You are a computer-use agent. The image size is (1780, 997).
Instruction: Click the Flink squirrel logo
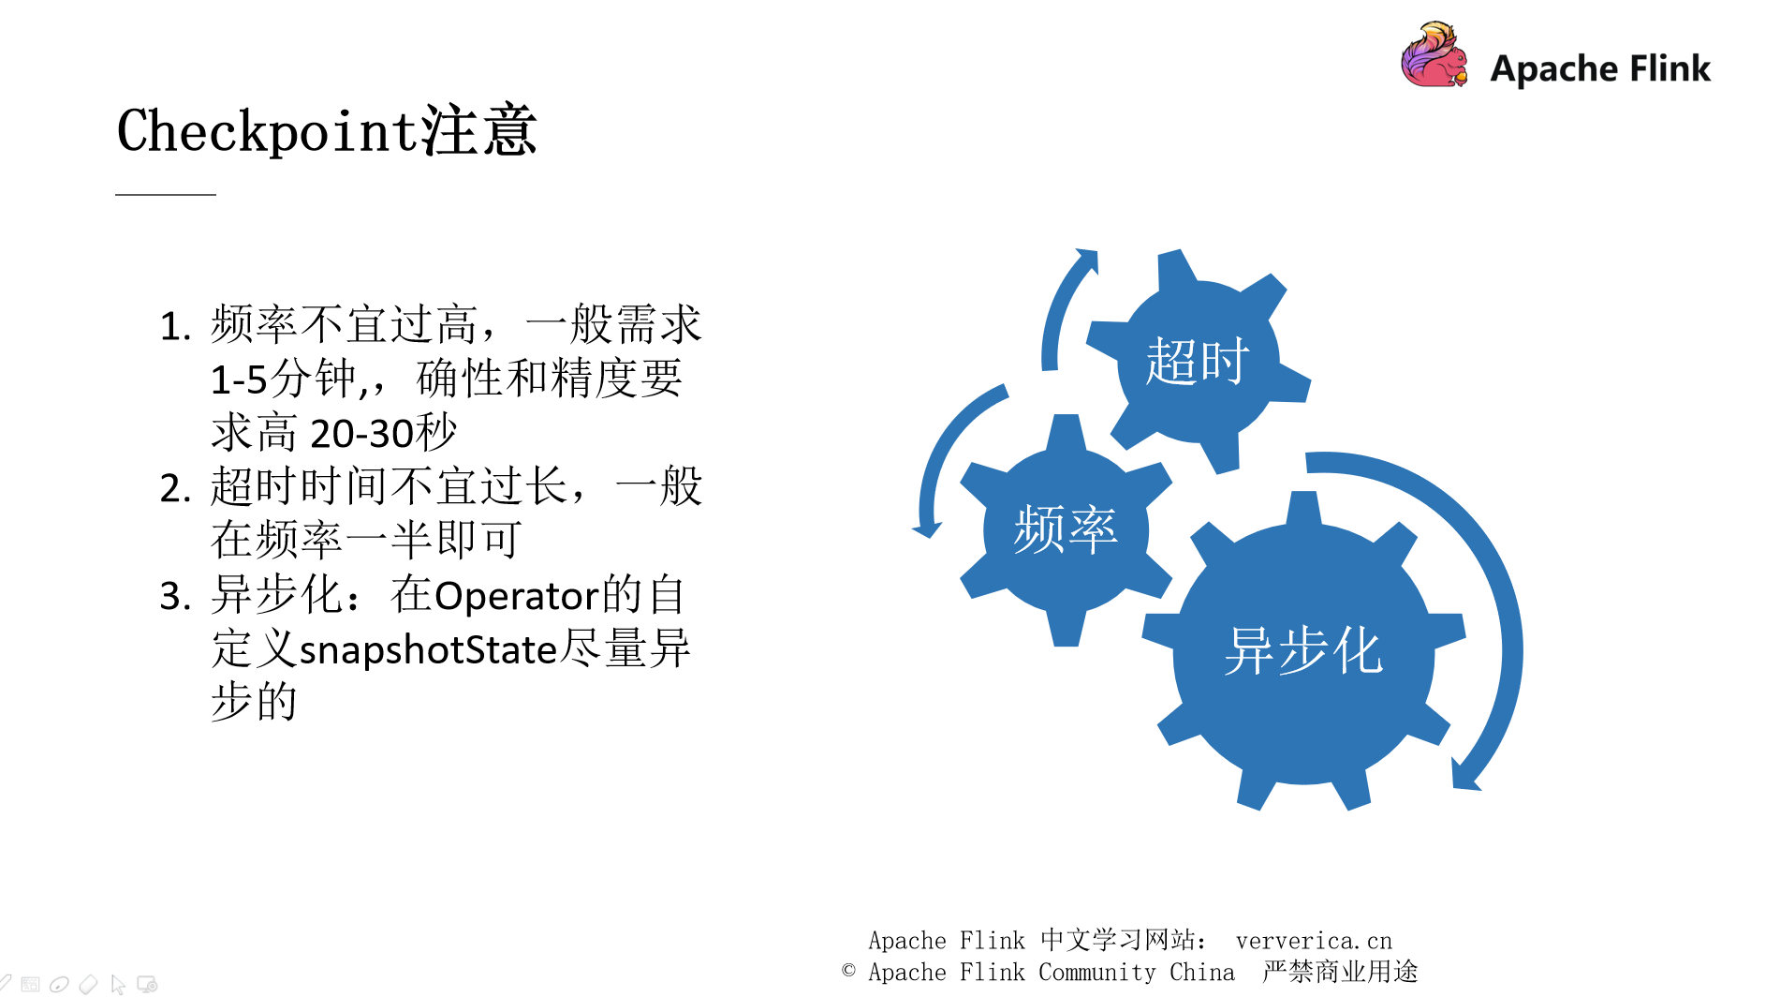coord(1434,56)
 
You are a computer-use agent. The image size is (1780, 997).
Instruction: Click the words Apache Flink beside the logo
coord(1600,68)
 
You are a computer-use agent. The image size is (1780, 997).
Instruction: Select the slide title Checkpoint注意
coord(326,130)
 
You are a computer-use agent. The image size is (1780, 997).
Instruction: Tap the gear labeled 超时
coord(1197,362)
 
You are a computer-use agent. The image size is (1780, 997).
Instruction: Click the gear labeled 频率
coord(1066,530)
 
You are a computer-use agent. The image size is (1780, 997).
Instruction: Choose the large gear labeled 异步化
coord(1303,650)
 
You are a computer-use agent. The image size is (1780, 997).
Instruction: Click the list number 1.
coord(175,327)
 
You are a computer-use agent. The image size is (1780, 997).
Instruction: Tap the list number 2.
coord(175,489)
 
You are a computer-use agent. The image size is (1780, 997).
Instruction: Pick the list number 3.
coord(175,597)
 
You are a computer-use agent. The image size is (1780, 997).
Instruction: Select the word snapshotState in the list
coord(428,650)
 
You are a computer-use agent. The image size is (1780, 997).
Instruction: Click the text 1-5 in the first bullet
coord(239,380)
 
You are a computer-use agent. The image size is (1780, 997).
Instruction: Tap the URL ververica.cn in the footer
coord(1313,941)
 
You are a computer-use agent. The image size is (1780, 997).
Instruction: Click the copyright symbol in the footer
coord(848,971)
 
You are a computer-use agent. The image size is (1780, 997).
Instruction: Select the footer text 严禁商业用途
coord(1340,972)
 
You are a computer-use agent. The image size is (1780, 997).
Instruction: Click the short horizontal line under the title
coord(166,194)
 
